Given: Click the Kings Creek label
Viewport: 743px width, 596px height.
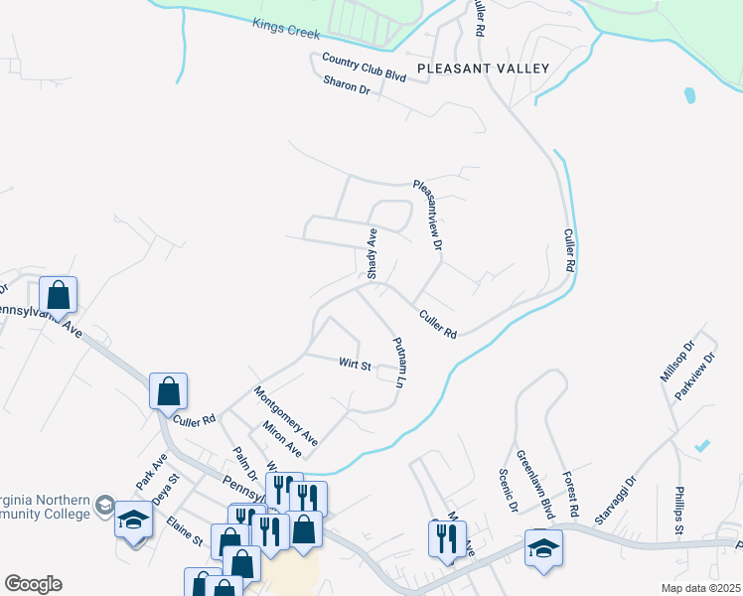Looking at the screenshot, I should [286, 29].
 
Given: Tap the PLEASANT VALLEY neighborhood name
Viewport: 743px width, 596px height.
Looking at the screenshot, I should [483, 69].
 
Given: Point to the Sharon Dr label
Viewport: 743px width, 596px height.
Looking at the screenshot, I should [346, 88].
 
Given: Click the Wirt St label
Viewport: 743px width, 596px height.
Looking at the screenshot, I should [356, 366].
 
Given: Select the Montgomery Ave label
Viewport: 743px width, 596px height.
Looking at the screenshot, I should [286, 414].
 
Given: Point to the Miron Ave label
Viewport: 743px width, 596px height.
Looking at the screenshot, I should [282, 439].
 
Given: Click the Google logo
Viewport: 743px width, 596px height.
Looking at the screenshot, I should [33, 584].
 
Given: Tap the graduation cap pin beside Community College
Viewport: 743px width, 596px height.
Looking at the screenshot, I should [133, 520].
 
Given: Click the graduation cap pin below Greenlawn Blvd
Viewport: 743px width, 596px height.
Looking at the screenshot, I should [543, 548].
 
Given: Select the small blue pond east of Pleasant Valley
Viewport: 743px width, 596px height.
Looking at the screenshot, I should [689, 96].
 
